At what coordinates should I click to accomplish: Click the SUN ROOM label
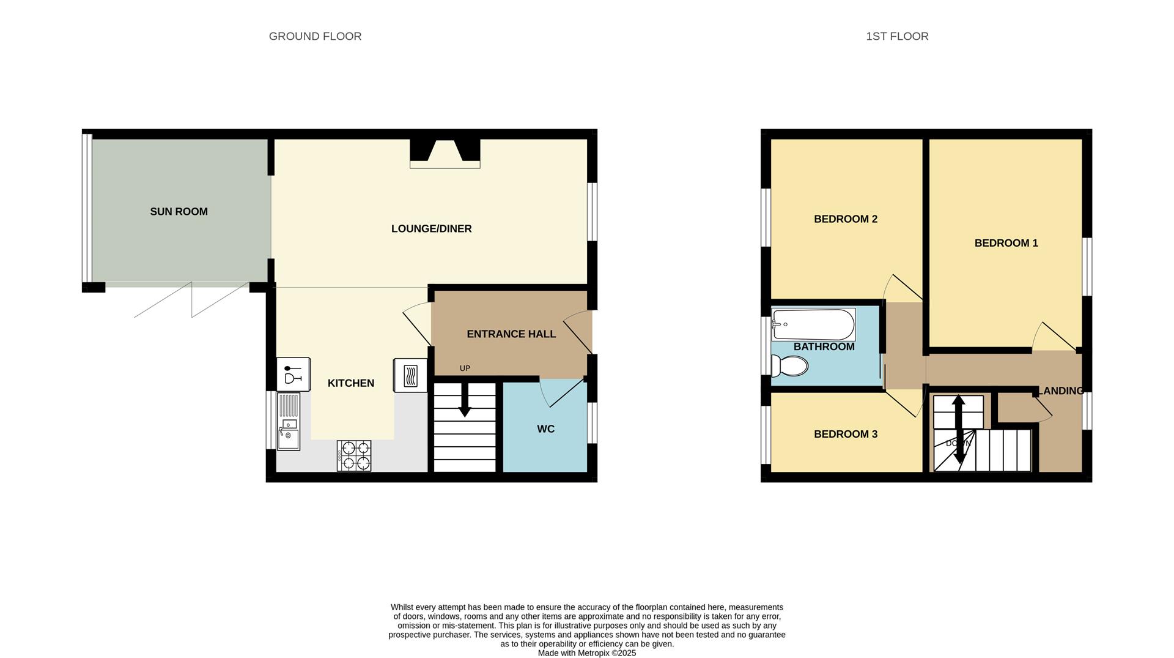[179, 212]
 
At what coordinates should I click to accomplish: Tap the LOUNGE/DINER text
[431, 229]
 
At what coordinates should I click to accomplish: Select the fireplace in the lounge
[445, 153]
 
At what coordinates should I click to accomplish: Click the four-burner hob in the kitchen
[354, 455]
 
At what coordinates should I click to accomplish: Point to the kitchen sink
[289, 422]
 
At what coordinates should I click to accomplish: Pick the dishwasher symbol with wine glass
[293, 374]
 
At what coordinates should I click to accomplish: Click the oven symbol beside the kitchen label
[410, 374]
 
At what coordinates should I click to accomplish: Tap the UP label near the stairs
[465, 368]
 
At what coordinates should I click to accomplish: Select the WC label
[545, 429]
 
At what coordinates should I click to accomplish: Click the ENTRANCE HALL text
[511, 334]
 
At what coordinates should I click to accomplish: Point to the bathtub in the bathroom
[813, 324]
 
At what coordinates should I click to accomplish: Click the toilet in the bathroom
[789, 366]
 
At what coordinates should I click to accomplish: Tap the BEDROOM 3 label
[845, 435]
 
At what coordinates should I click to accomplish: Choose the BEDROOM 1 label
[1006, 243]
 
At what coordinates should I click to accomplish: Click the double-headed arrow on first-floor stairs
[958, 428]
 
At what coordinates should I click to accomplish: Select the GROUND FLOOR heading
[315, 37]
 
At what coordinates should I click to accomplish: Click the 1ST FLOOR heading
[897, 37]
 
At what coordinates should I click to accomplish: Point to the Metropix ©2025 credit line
[586, 653]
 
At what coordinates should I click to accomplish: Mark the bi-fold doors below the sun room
[191, 300]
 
